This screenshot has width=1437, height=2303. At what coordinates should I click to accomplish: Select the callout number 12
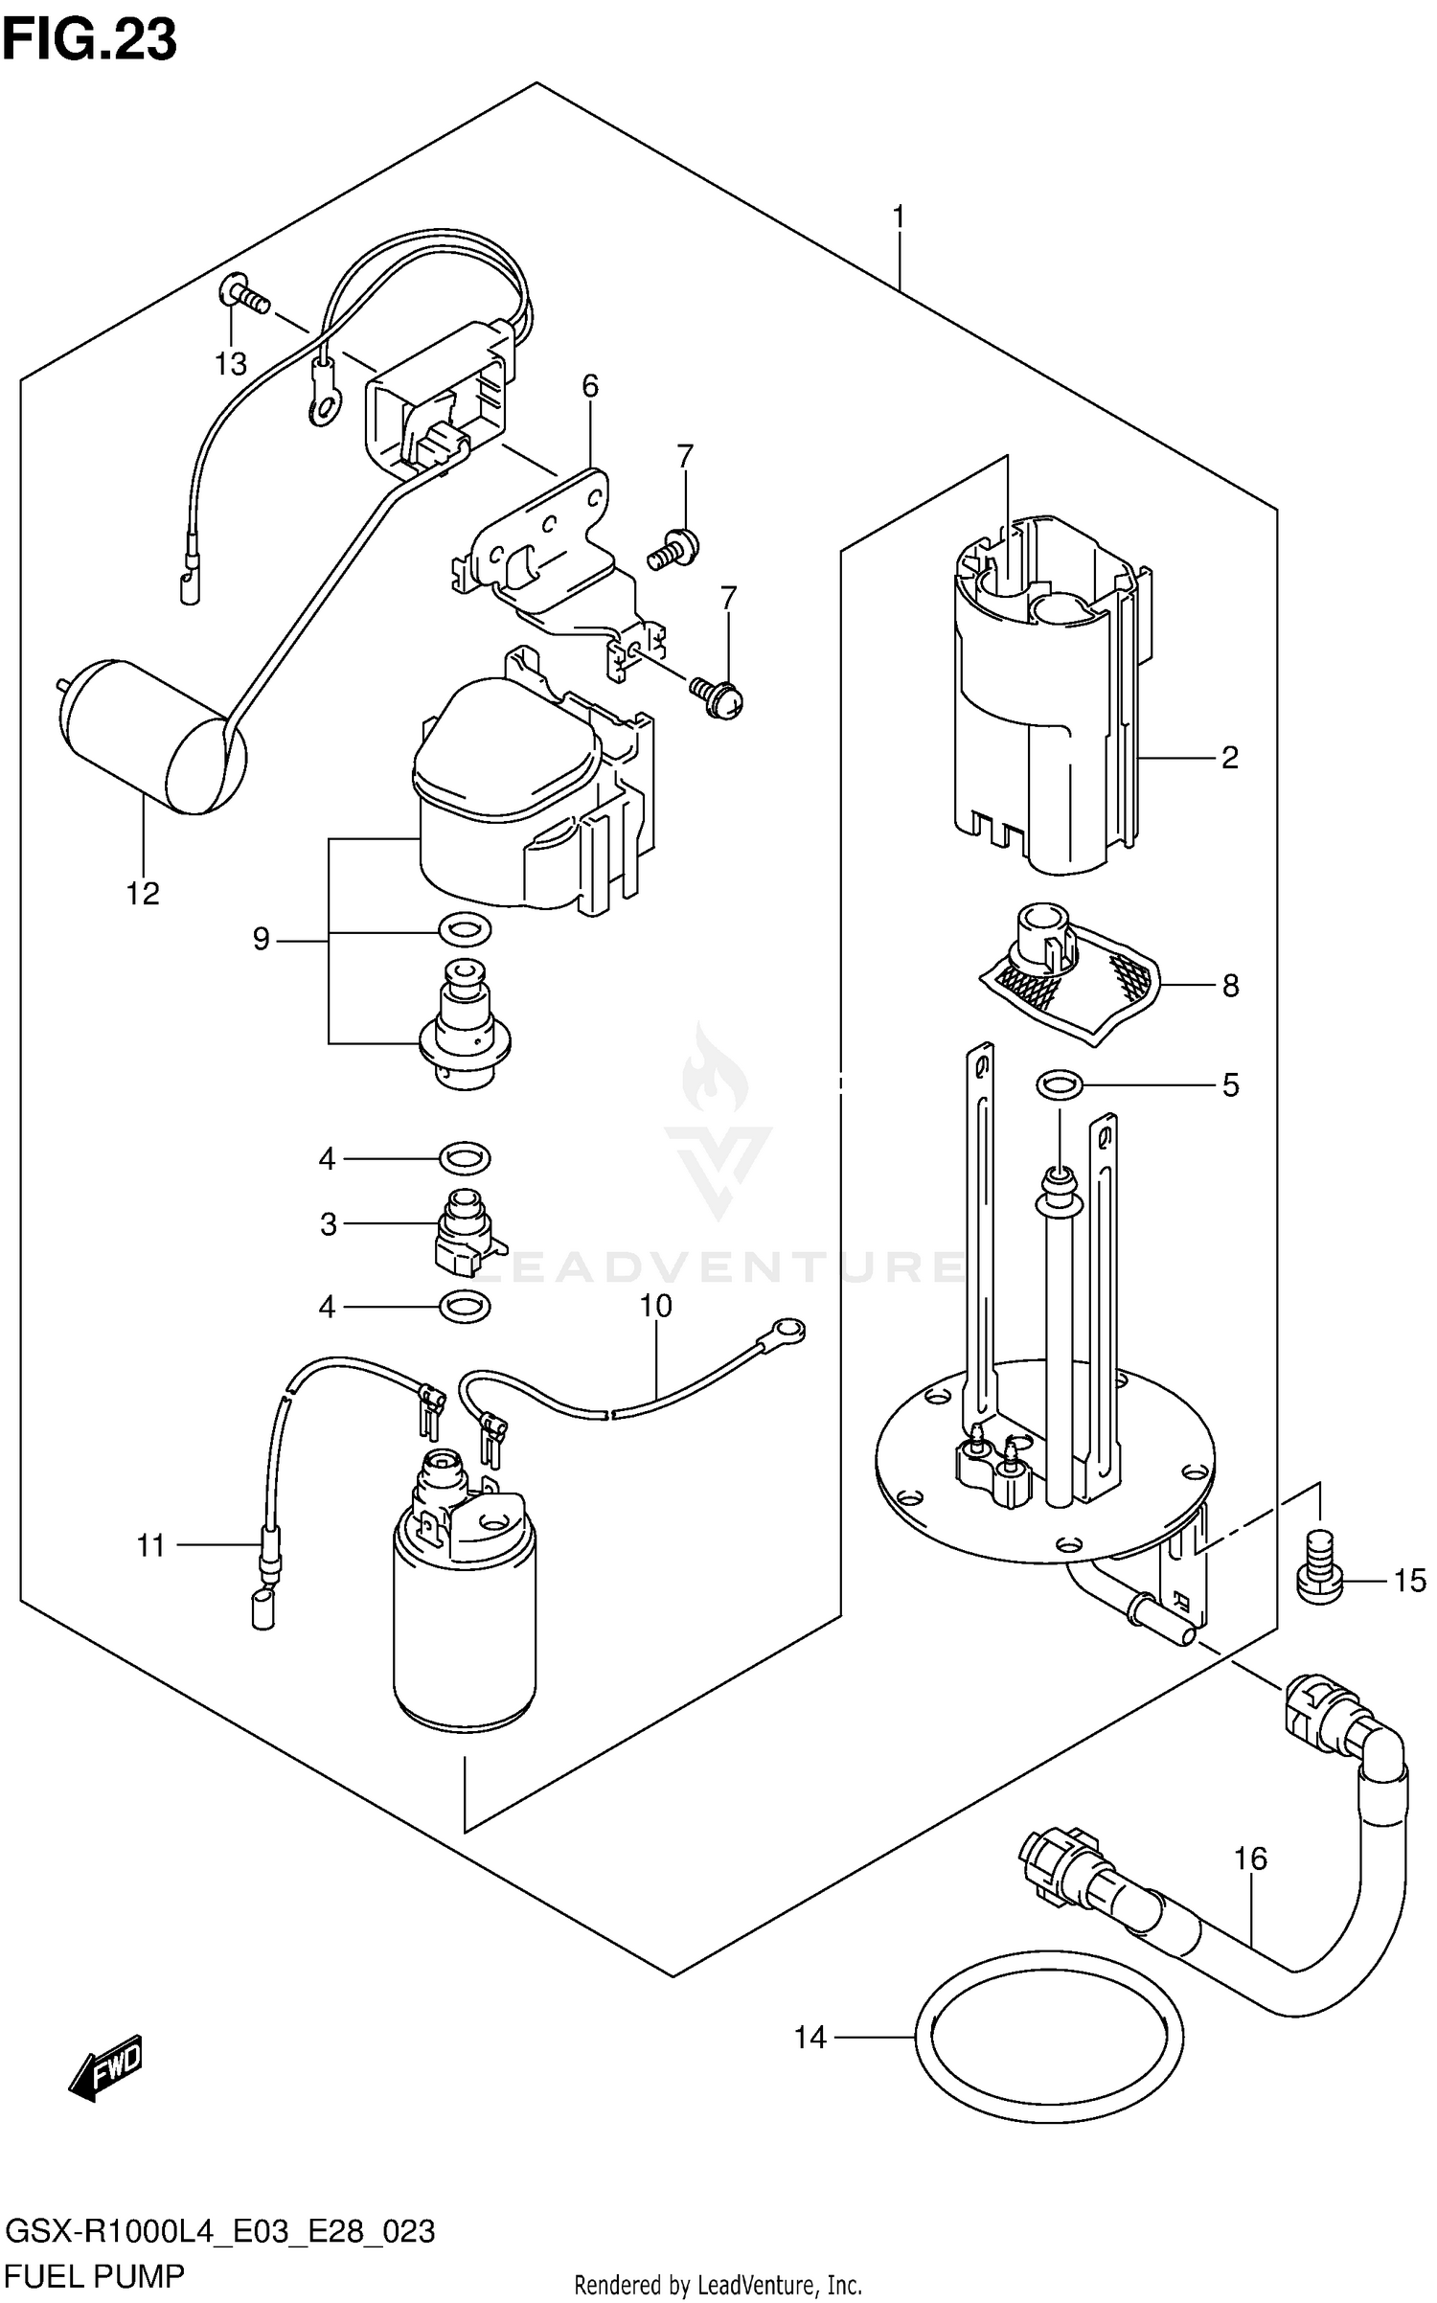pyautogui.click(x=142, y=894)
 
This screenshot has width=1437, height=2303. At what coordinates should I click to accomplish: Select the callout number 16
pyautogui.click(x=1250, y=1859)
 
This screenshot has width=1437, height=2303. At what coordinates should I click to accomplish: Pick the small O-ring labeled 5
pyautogui.click(x=1060, y=1086)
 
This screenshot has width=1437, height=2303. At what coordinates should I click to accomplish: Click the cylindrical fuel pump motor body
pyautogui.click(x=465, y=1629)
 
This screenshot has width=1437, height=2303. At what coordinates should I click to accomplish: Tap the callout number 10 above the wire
pyautogui.click(x=656, y=1307)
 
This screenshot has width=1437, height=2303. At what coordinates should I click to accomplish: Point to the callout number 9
pyautogui.click(x=262, y=940)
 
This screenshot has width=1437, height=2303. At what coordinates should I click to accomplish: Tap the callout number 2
pyautogui.click(x=1230, y=758)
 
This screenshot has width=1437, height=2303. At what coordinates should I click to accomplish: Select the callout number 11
pyautogui.click(x=150, y=1546)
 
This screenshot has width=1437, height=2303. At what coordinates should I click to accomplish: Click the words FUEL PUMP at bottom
pyautogui.click(x=95, y=2275)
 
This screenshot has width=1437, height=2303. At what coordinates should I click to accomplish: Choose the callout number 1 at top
pyautogui.click(x=899, y=218)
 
